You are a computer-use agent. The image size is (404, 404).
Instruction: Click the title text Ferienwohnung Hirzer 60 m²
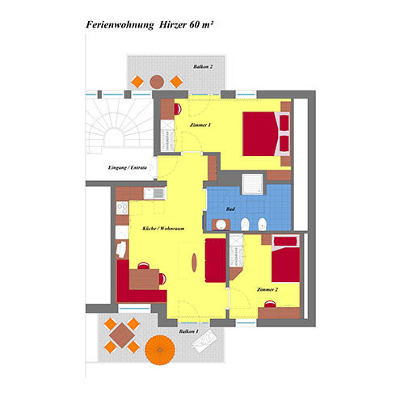[x=149, y=25]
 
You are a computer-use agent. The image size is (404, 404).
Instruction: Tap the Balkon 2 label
[x=203, y=66]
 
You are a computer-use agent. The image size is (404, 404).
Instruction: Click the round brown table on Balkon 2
[x=157, y=82]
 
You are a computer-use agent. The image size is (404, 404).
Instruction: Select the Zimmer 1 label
[x=200, y=125]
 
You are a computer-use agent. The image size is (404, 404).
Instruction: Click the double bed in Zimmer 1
[x=266, y=134]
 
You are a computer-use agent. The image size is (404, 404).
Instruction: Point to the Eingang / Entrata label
[x=128, y=168]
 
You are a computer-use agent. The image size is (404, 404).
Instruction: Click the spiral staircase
[x=120, y=124]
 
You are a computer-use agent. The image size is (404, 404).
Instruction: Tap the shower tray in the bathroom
[x=252, y=184]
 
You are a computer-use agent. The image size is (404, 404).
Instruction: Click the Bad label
[x=230, y=209]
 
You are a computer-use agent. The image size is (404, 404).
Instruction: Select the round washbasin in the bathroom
[x=221, y=225]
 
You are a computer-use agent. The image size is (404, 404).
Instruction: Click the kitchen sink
[x=154, y=193]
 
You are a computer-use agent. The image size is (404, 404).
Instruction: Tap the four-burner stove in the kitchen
[x=122, y=208]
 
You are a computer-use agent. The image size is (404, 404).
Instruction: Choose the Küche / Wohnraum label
[x=163, y=229]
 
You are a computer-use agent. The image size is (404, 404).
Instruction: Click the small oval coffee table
[x=194, y=263]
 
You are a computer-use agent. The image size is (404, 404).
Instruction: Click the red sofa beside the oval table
[x=216, y=260]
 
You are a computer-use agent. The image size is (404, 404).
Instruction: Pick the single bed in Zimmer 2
[x=285, y=259]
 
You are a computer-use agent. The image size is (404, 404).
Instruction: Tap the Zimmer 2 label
[x=267, y=289]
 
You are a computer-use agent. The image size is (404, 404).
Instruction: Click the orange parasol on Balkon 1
[x=160, y=350]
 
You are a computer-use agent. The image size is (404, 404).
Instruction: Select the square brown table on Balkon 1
[x=122, y=335]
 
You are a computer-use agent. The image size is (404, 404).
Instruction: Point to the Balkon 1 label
[x=189, y=331]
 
